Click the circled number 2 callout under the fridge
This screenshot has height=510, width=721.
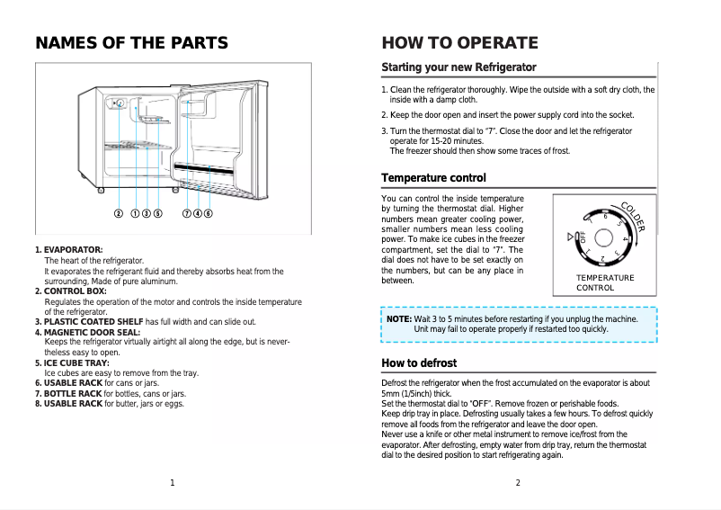(x=118, y=214)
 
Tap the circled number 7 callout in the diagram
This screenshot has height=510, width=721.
(x=186, y=214)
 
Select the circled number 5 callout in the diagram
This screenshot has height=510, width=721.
(x=157, y=214)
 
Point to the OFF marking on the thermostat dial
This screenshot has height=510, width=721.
(x=582, y=237)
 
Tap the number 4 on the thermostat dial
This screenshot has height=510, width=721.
(x=624, y=239)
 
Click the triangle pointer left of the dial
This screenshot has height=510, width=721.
(x=570, y=237)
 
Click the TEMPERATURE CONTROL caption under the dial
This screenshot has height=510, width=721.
(x=605, y=283)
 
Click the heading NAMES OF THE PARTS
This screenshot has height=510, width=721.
(x=131, y=43)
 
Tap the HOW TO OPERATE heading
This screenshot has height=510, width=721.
(x=459, y=43)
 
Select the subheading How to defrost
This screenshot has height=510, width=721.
(x=419, y=363)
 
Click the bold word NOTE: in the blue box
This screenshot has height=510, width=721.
(x=398, y=319)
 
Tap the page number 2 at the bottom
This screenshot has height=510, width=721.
(x=518, y=483)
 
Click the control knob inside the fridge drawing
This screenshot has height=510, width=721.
(x=119, y=103)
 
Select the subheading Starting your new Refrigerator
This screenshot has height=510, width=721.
(x=458, y=67)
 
